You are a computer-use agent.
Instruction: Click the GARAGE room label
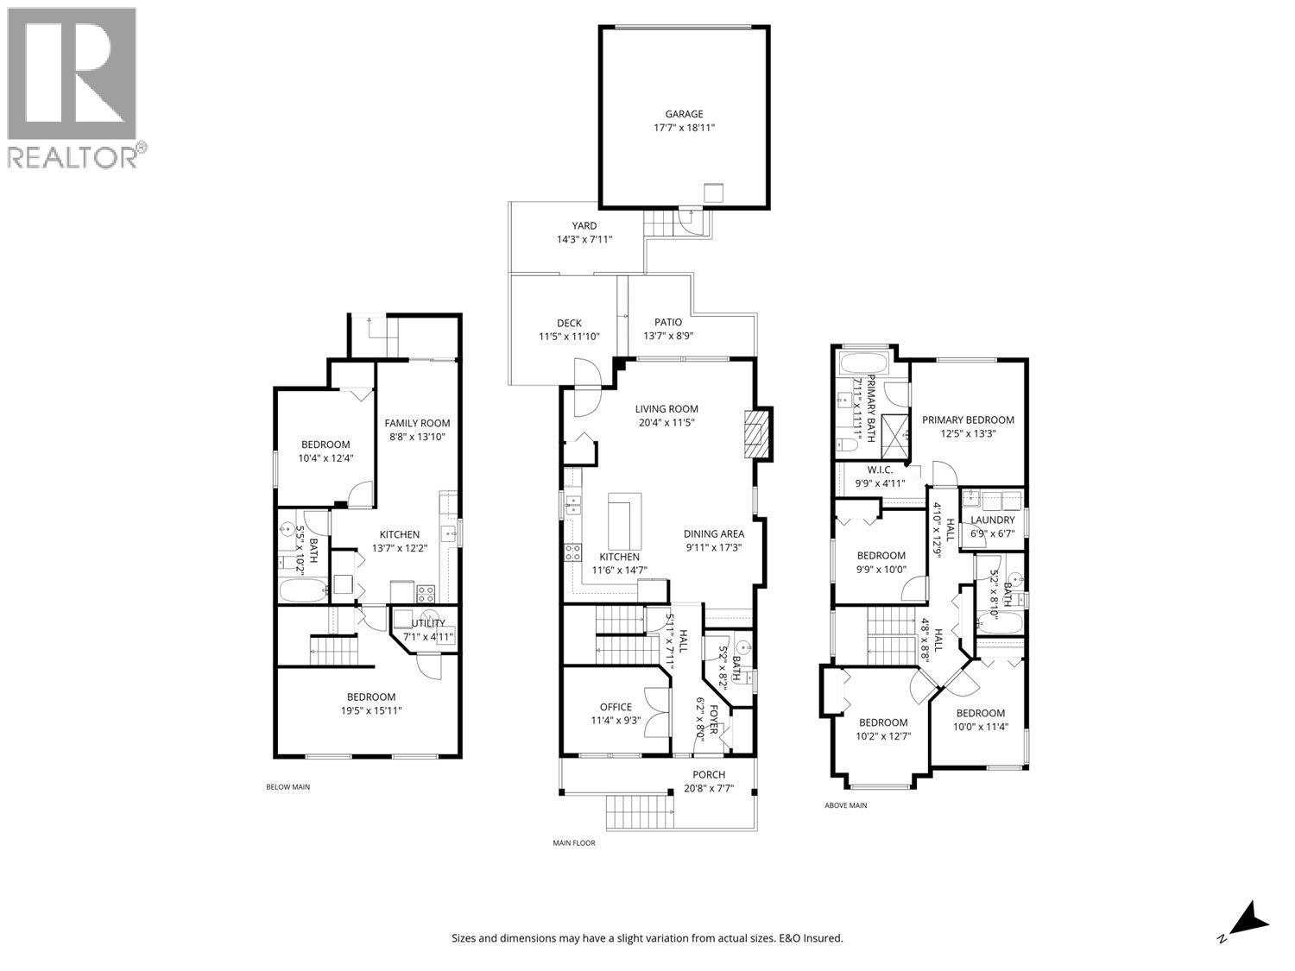pos(684,114)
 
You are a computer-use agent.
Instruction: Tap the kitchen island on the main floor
pos(624,516)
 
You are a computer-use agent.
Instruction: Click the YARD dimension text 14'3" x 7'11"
pos(584,240)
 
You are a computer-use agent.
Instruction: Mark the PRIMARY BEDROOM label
pos(968,420)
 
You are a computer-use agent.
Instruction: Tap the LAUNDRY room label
pos(992,520)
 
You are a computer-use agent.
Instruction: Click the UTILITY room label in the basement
pos(428,623)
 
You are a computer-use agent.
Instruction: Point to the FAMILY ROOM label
pos(417,423)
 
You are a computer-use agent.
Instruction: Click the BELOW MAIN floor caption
pos(287,787)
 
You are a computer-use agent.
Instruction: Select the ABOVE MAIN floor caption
pos(845,805)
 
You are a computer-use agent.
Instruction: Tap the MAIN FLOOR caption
pos(574,843)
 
